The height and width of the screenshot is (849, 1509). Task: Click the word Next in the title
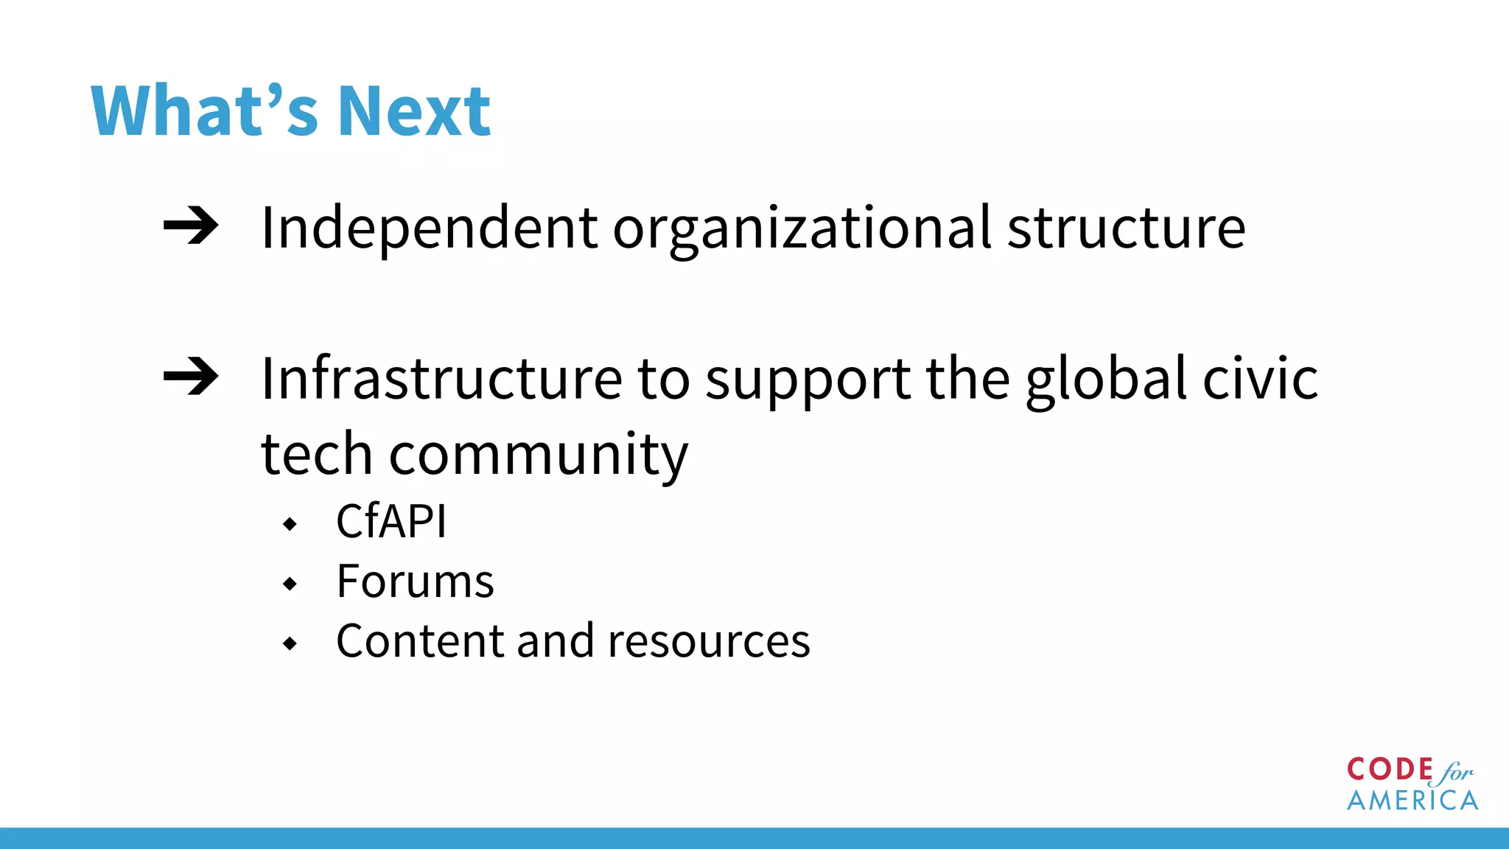(414, 111)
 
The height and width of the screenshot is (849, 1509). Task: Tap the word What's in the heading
(205, 111)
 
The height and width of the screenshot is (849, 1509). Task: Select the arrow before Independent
(191, 226)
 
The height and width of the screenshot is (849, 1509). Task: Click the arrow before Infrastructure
(191, 377)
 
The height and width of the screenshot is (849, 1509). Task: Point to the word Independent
(429, 228)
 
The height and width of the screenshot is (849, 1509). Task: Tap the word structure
(1126, 228)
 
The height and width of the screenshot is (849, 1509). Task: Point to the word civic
(1260, 379)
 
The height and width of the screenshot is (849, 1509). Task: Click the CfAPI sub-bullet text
(391, 522)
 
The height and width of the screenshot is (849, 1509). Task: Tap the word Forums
(415, 581)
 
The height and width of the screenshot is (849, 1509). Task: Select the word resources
(709, 641)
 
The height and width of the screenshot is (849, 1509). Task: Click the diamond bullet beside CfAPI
(290, 524)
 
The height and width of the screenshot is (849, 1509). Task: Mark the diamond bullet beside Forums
(290, 584)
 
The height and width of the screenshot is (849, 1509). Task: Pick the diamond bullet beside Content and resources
(290, 643)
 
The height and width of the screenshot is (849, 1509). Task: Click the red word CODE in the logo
(1390, 769)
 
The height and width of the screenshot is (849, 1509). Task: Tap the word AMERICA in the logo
(1412, 800)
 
